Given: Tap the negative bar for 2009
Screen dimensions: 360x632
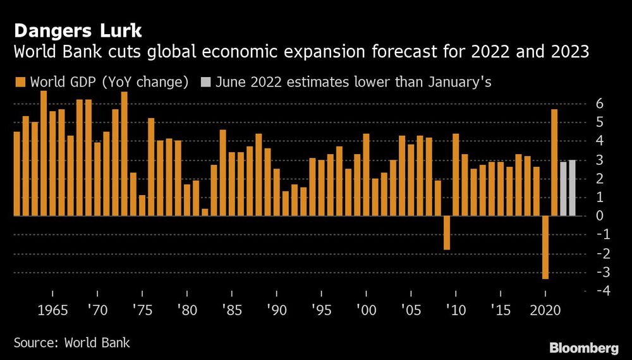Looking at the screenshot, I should [x=447, y=232].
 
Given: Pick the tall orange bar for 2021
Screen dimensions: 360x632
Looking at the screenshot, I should [x=554, y=162].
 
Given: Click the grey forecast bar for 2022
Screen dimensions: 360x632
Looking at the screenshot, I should [x=563, y=189].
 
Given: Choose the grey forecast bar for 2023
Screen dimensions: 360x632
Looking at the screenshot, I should [x=572, y=188].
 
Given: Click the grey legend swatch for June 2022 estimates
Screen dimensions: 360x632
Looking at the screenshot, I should [x=206, y=81].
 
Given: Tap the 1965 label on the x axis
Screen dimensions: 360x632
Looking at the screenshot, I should [x=54, y=311].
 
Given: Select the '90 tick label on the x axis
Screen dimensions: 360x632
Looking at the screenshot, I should [x=276, y=311].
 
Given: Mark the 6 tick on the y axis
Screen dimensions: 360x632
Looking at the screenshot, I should [x=605, y=104].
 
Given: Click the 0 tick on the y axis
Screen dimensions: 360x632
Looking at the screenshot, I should [x=605, y=216].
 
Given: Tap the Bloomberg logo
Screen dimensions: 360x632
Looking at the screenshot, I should [x=583, y=347].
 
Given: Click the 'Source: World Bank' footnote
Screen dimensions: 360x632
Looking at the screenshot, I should [x=72, y=343].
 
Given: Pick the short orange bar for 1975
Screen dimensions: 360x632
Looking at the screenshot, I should [x=142, y=205].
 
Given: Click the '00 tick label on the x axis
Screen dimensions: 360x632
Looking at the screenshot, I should [x=366, y=311].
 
